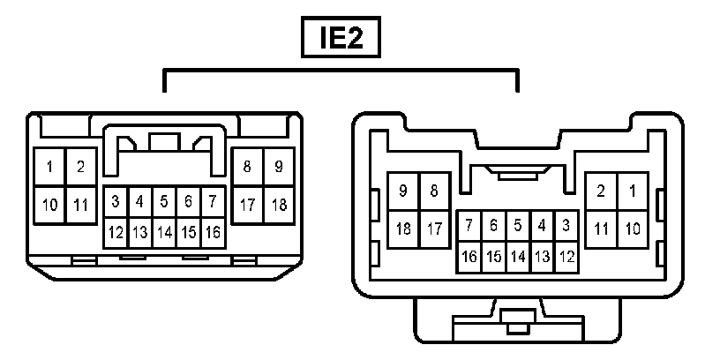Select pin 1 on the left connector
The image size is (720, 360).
click(x=50, y=167)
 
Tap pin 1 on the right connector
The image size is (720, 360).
click(x=632, y=191)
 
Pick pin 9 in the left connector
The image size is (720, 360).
click(x=278, y=167)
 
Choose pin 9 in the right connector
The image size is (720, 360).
click(x=404, y=191)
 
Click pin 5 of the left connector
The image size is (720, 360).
click(x=163, y=202)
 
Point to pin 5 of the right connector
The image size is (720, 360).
click(x=518, y=226)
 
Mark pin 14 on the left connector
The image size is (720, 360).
click(x=163, y=234)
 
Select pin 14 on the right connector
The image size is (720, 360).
click(x=518, y=257)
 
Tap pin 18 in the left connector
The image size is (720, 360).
click(x=278, y=205)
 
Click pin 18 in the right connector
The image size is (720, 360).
click(x=404, y=229)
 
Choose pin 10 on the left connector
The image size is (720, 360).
click(x=50, y=205)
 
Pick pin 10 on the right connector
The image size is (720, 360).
click(x=632, y=229)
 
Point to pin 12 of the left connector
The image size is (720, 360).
click(x=116, y=234)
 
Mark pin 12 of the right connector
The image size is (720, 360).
click(x=566, y=257)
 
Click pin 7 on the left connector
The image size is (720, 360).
click(x=212, y=202)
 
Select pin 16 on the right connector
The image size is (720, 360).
click(x=469, y=257)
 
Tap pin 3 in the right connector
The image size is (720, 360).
click(x=566, y=226)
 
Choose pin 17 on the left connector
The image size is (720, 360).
click(x=247, y=205)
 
